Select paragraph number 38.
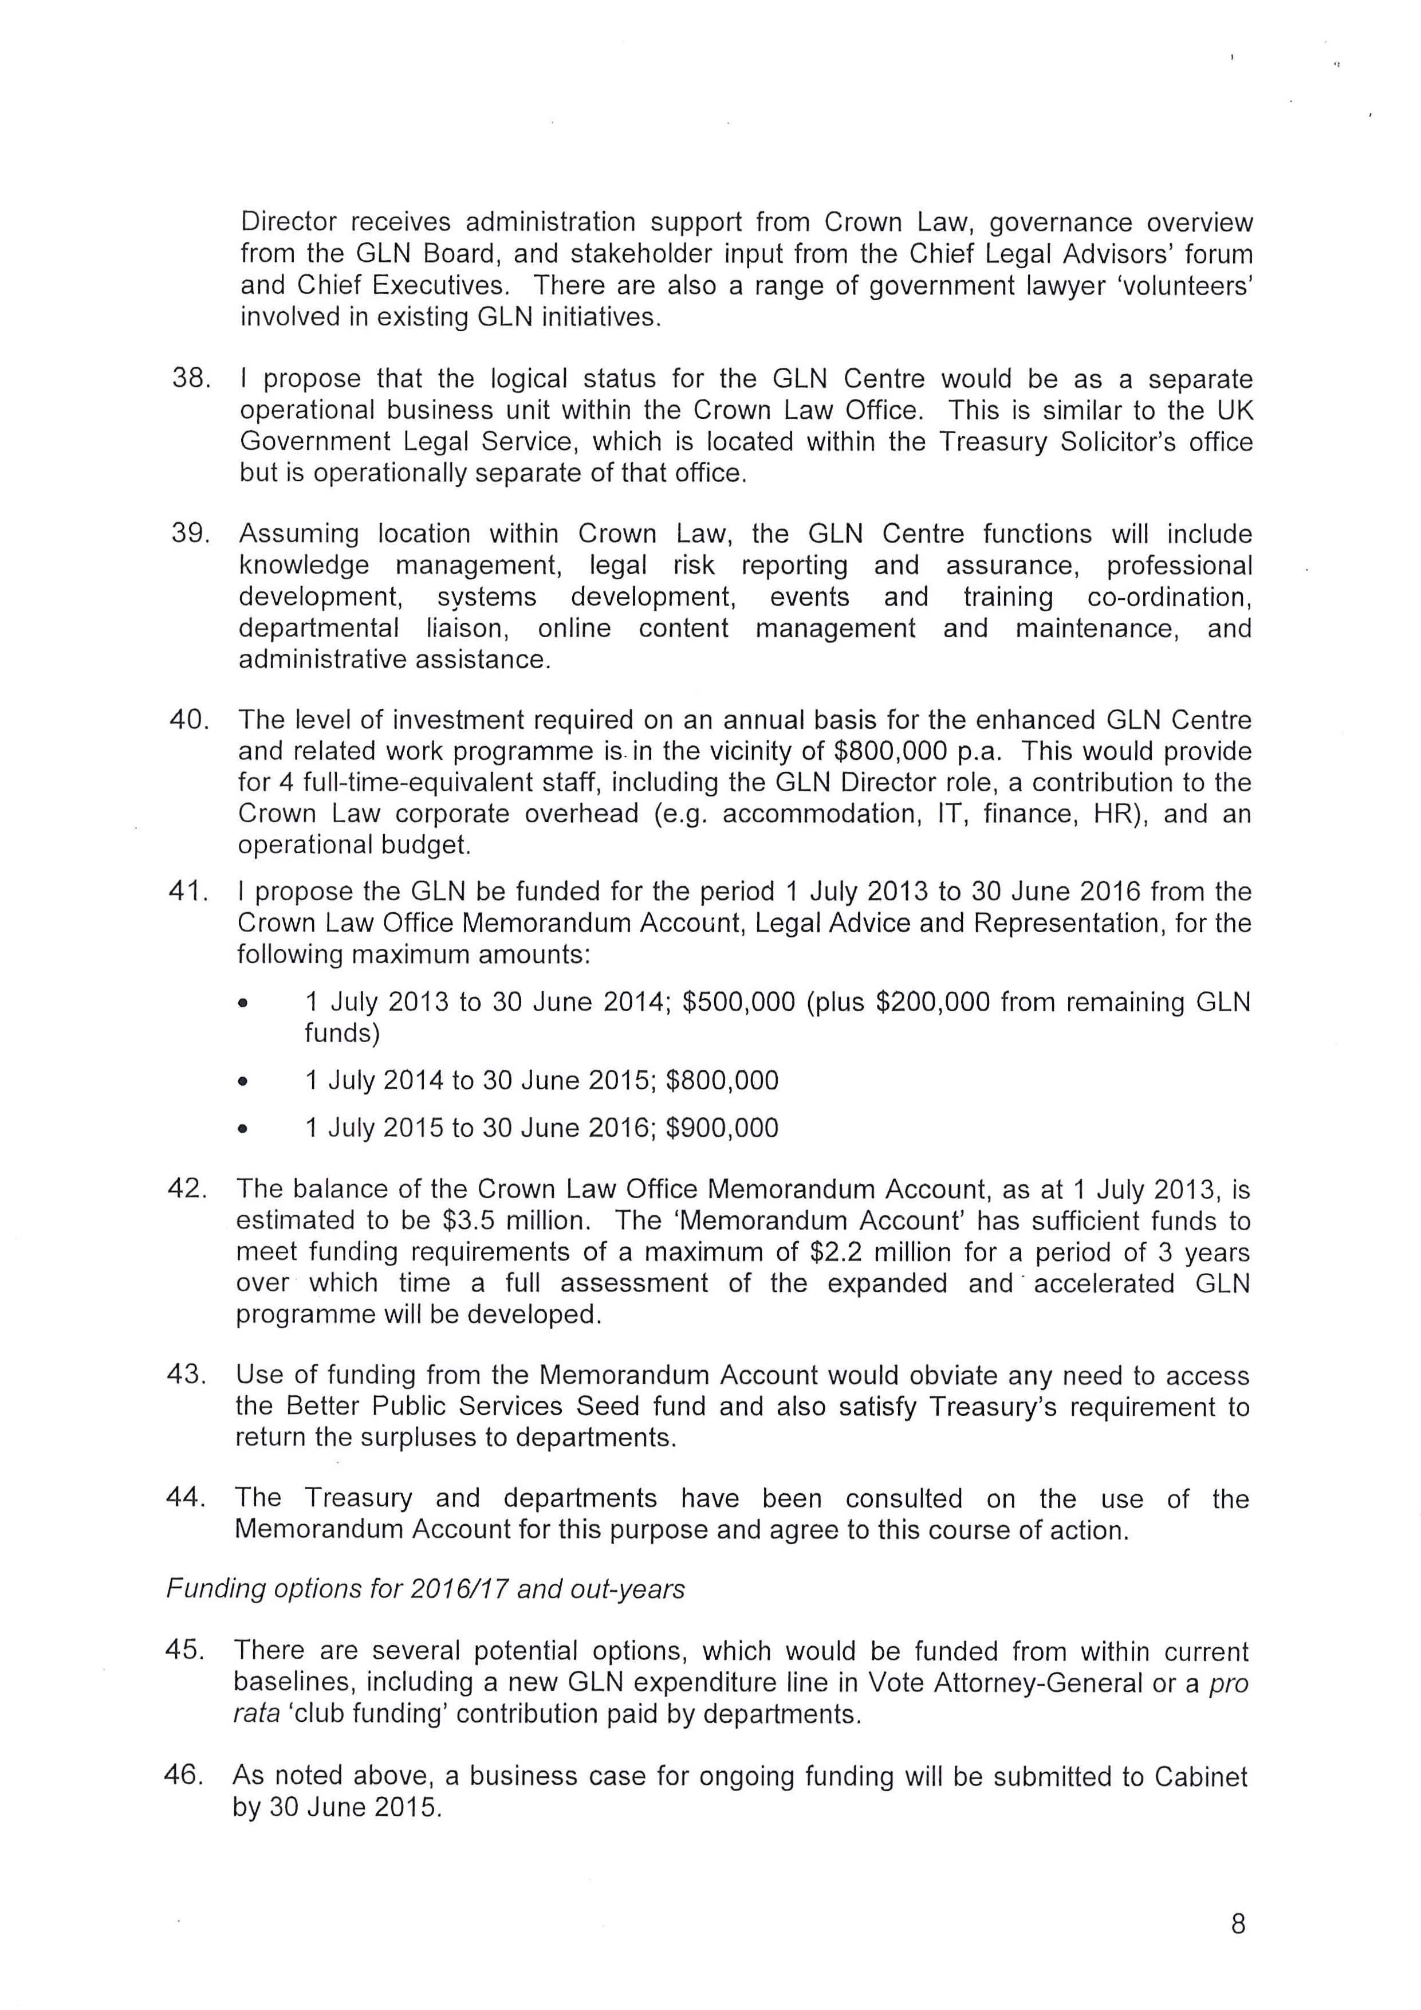click(x=191, y=379)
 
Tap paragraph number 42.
click(x=187, y=1189)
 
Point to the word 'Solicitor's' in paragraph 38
click(x=1118, y=442)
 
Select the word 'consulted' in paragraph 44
click(x=903, y=1499)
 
